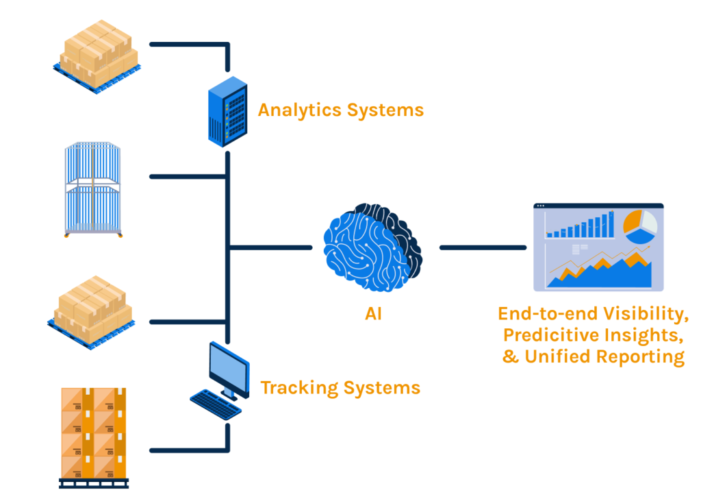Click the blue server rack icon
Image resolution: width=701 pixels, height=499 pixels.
coord(227,110)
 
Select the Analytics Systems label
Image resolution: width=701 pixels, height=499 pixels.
coord(340,110)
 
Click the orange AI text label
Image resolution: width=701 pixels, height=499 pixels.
coord(373,314)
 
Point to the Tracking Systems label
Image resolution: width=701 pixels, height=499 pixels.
coord(340,388)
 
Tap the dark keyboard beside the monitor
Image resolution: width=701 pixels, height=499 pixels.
coord(215,404)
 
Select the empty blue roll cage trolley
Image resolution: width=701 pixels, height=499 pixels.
coord(92,190)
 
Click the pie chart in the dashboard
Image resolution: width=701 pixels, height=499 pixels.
coord(639,226)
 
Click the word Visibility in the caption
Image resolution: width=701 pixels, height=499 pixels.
coord(647,314)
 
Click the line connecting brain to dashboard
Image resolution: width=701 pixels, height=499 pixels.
coord(483,247)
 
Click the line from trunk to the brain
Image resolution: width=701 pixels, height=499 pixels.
coord(270,247)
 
